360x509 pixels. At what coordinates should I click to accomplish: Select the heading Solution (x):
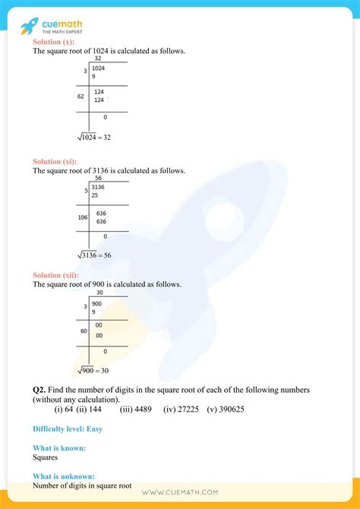pos(54,42)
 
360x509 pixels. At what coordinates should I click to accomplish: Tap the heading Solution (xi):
pos(55,162)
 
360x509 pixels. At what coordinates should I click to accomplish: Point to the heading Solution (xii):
pos(55,274)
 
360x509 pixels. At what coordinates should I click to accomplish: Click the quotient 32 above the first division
pos(98,58)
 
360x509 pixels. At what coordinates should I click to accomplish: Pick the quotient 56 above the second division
pos(98,178)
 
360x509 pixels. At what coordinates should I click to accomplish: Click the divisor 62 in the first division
pos(81,97)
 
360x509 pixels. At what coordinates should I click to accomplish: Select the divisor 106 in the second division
pos(82,217)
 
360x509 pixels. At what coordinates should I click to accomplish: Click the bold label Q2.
pos(40,389)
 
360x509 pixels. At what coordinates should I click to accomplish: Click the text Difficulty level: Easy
pos(68,429)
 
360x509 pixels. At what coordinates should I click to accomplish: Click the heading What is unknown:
pos(65,476)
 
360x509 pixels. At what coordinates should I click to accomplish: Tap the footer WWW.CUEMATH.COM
pos(180,492)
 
